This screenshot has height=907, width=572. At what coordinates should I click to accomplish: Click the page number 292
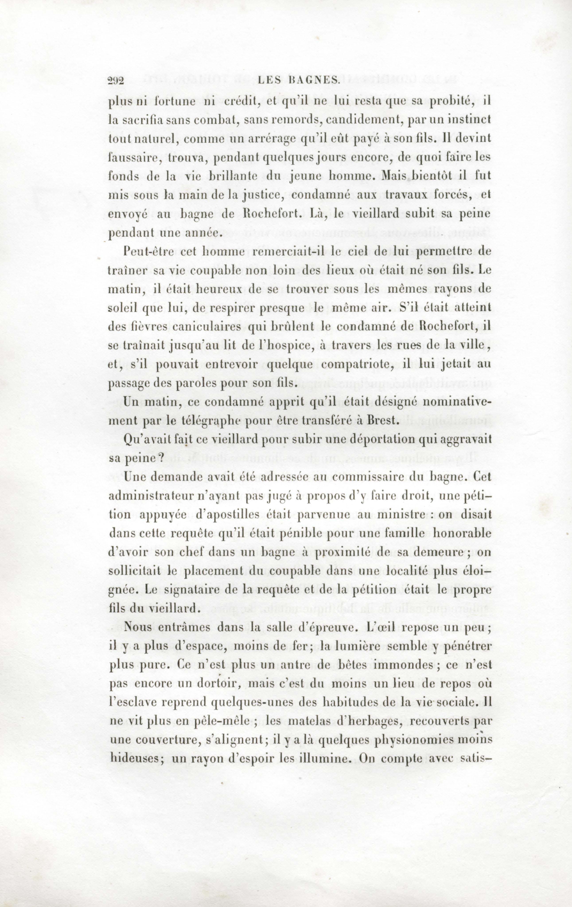point(116,81)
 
